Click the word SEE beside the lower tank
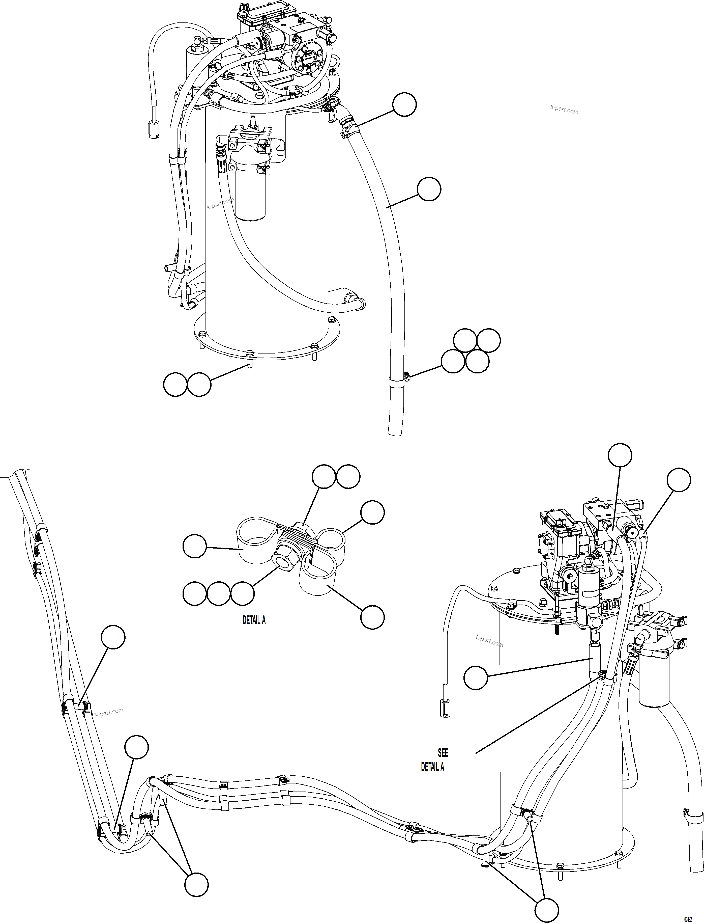tap(443, 753)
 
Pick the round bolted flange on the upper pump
tap(309, 59)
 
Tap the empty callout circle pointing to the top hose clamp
tap(404, 105)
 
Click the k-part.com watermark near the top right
tap(564, 110)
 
